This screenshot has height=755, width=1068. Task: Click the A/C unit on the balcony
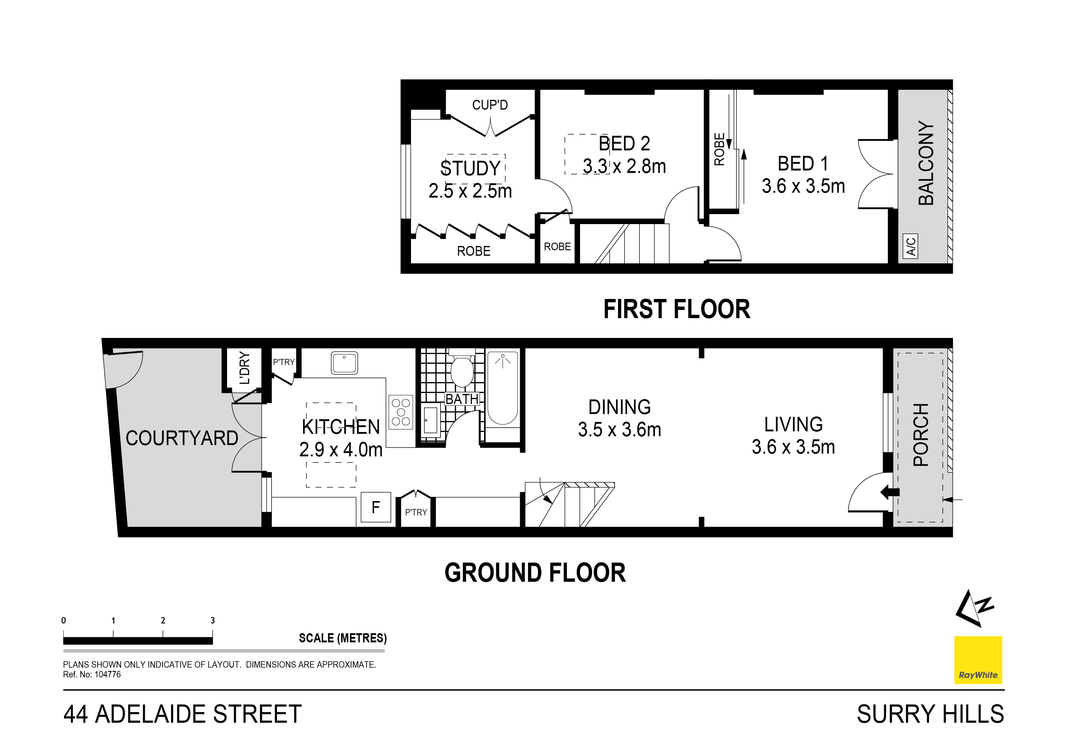pos(911,246)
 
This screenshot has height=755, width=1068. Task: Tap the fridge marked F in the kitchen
pos(376,507)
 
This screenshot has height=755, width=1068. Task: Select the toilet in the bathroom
pos(462,371)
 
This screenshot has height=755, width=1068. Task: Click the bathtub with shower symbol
pos(502,388)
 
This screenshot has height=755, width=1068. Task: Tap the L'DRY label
pos(245,368)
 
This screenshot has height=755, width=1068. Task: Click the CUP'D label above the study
pos(490,105)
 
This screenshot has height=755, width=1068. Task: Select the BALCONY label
pos(926,163)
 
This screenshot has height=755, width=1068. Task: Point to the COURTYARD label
pos(182,438)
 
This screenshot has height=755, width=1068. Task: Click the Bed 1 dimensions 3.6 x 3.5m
pos(803,186)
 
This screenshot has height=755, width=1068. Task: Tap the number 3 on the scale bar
pos(213,620)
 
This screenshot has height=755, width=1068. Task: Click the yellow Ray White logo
pos(978,660)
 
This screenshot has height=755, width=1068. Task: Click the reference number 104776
pos(107,675)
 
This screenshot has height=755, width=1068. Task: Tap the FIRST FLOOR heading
pos(676,309)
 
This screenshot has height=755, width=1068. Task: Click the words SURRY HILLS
pos(930,715)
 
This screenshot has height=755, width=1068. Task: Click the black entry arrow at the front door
pos(890,492)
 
